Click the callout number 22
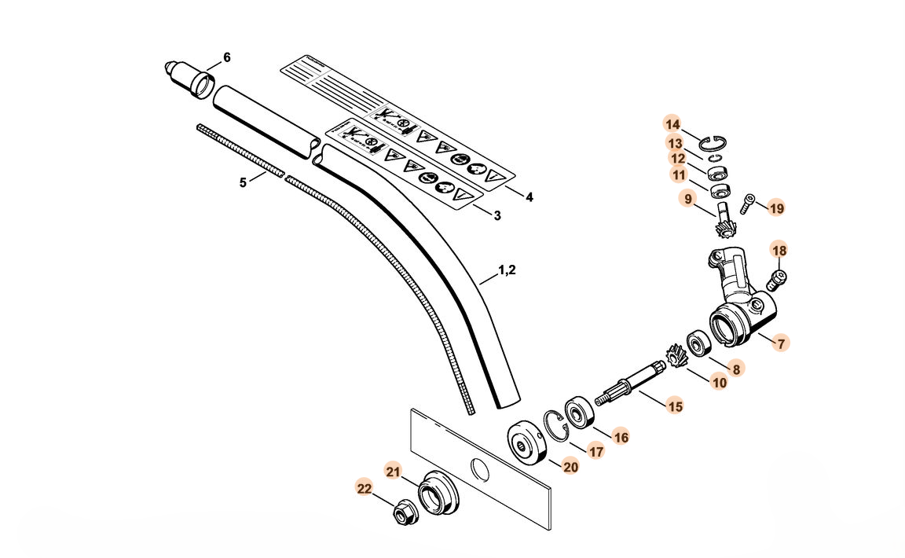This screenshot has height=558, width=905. (x=363, y=487)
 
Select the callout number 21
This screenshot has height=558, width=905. (x=394, y=471)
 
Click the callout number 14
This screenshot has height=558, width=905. (x=672, y=124)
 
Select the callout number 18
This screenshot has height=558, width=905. (x=779, y=250)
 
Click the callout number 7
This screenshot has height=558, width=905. (x=780, y=343)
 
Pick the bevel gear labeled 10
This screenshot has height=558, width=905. (x=675, y=360)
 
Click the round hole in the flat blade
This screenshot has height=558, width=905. (x=478, y=469)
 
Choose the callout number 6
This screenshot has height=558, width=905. (x=227, y=57)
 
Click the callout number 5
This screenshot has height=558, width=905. (x=243, y=182)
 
